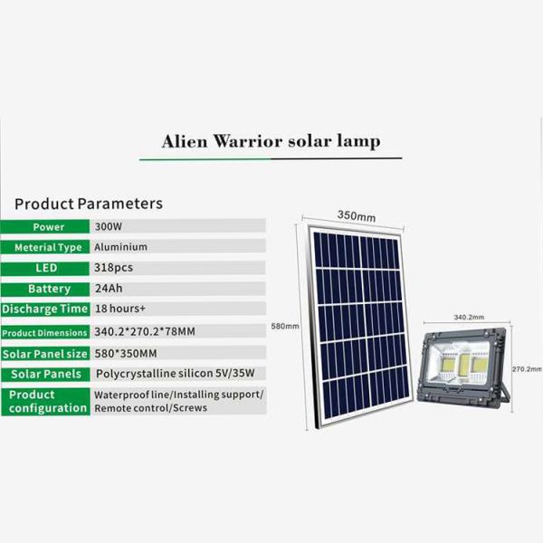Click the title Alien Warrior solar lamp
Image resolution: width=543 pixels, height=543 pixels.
(x=271, y=141)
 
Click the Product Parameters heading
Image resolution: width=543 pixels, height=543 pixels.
(x=89, y=204)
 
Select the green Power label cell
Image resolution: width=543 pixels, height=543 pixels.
(x=48, y=226)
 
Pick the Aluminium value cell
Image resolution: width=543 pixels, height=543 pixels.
(x=120, y=247)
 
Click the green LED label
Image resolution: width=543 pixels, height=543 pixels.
(x=46, y=268)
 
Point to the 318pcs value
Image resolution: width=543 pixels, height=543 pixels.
(x=113, y=268)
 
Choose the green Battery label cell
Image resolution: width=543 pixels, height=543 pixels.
(x=49, y=289)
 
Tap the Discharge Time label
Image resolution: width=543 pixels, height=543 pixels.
(x=44, y=310)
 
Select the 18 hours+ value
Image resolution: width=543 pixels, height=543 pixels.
(x=120, y=310)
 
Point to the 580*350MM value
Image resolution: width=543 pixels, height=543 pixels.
(x=125, y=353)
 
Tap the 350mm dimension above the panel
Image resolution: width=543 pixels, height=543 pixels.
(x=356, y=216)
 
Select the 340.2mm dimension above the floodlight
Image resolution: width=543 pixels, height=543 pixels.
(x=468, y=318)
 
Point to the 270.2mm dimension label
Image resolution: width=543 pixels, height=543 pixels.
(x=526, y=369)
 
